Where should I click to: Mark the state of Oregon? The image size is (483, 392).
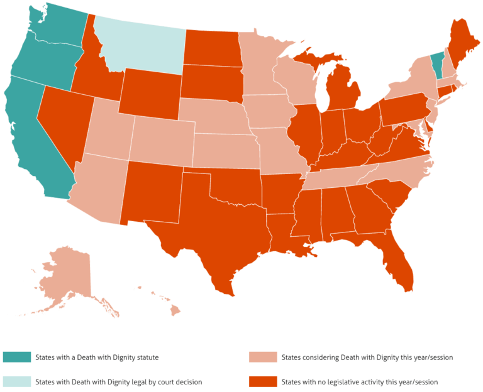(x=44, y=63)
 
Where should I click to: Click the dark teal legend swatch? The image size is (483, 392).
(x=16, y=357)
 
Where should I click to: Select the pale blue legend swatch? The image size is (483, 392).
(x=16, y=381)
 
